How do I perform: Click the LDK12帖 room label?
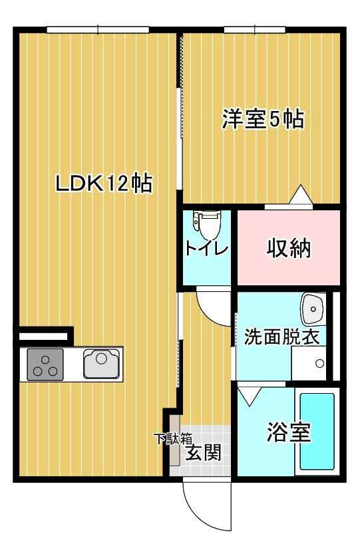[104, 184]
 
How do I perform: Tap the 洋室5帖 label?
[263, 119]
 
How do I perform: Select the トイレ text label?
[207, 248]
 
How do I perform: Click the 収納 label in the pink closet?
[289, 248]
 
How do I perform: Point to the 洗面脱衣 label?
[282, 337]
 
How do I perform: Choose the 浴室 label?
[288, 432]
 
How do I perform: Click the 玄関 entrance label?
[204, 452]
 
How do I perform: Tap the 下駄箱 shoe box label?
[173, 439]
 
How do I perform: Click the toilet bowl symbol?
[208, 225]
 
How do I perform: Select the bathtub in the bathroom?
[317, 431]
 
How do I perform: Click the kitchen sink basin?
[101, 363]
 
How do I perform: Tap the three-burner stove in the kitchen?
[45, 364]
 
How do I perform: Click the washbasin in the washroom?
[313, 309]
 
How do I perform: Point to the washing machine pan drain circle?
[319, 363]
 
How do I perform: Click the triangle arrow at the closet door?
[301, 194]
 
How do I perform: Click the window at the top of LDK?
[98, 30]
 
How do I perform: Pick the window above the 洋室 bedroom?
[255, 30]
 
